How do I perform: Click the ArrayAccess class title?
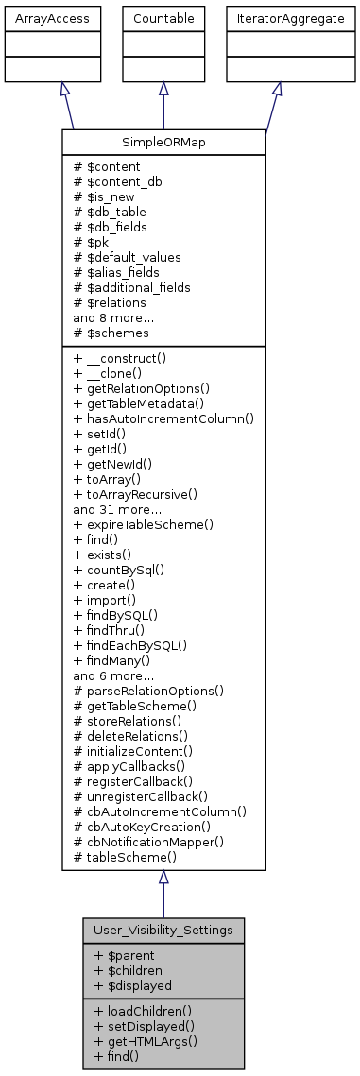pos(38,18)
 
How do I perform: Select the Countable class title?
pos(163,18)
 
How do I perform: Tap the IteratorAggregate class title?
pos(276,18)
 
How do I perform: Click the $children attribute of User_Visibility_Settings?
pos(129,970)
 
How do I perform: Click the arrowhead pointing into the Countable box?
pos(163,89)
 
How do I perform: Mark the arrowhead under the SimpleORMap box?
pos(163,878)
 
